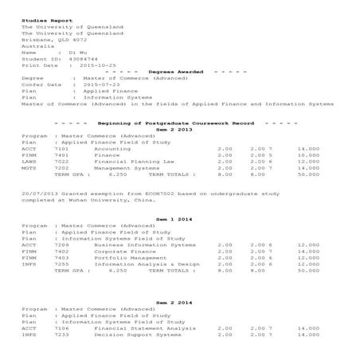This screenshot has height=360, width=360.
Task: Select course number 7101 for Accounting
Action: [x=61, y=149]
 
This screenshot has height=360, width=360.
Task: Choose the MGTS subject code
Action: [x=29, y=168]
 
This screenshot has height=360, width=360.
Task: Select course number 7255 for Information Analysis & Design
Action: [x=61, y=264]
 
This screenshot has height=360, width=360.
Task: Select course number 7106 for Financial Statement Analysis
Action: [x=61, y=328]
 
